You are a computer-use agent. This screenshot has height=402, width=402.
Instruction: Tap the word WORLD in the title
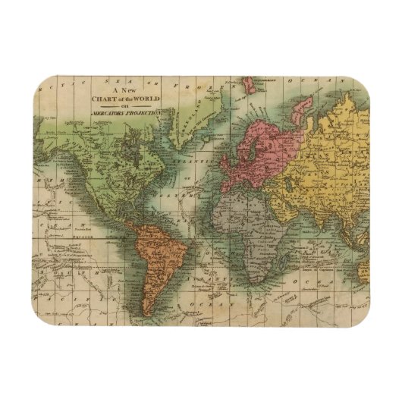click(x=145, y=98)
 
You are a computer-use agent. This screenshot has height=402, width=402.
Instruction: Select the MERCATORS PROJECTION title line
click(x=127, y=112)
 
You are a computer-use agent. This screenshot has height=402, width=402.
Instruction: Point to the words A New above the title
click(x=124, y=90)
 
